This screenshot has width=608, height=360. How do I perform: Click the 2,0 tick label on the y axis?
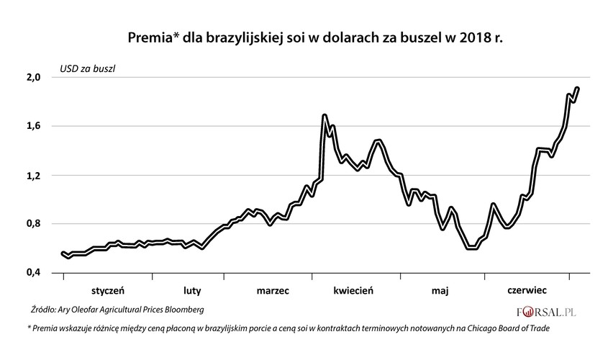click(x=34, y=77)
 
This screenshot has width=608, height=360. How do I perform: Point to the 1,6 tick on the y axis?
click(x=34, y=126)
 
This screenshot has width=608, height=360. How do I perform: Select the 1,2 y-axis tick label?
click(x=34, y=175)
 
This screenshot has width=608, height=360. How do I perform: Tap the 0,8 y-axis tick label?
click(x=34, y=224)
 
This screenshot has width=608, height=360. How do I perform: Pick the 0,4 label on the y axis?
click(x=34, y=273)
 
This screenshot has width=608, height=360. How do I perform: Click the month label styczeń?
click(x=109, y=292)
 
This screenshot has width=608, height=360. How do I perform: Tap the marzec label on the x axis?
click(x=273, y=292)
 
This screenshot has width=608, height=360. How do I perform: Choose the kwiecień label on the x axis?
click(x=353, y=292)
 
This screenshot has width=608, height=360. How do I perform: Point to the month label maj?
click(x=440, y=292)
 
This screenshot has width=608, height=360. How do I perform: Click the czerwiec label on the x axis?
click(x=527, y=292)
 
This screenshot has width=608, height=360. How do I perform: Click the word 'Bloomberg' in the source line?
click(x=183, y=310)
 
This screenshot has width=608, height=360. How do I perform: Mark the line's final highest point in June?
click(x=577, y=89)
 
